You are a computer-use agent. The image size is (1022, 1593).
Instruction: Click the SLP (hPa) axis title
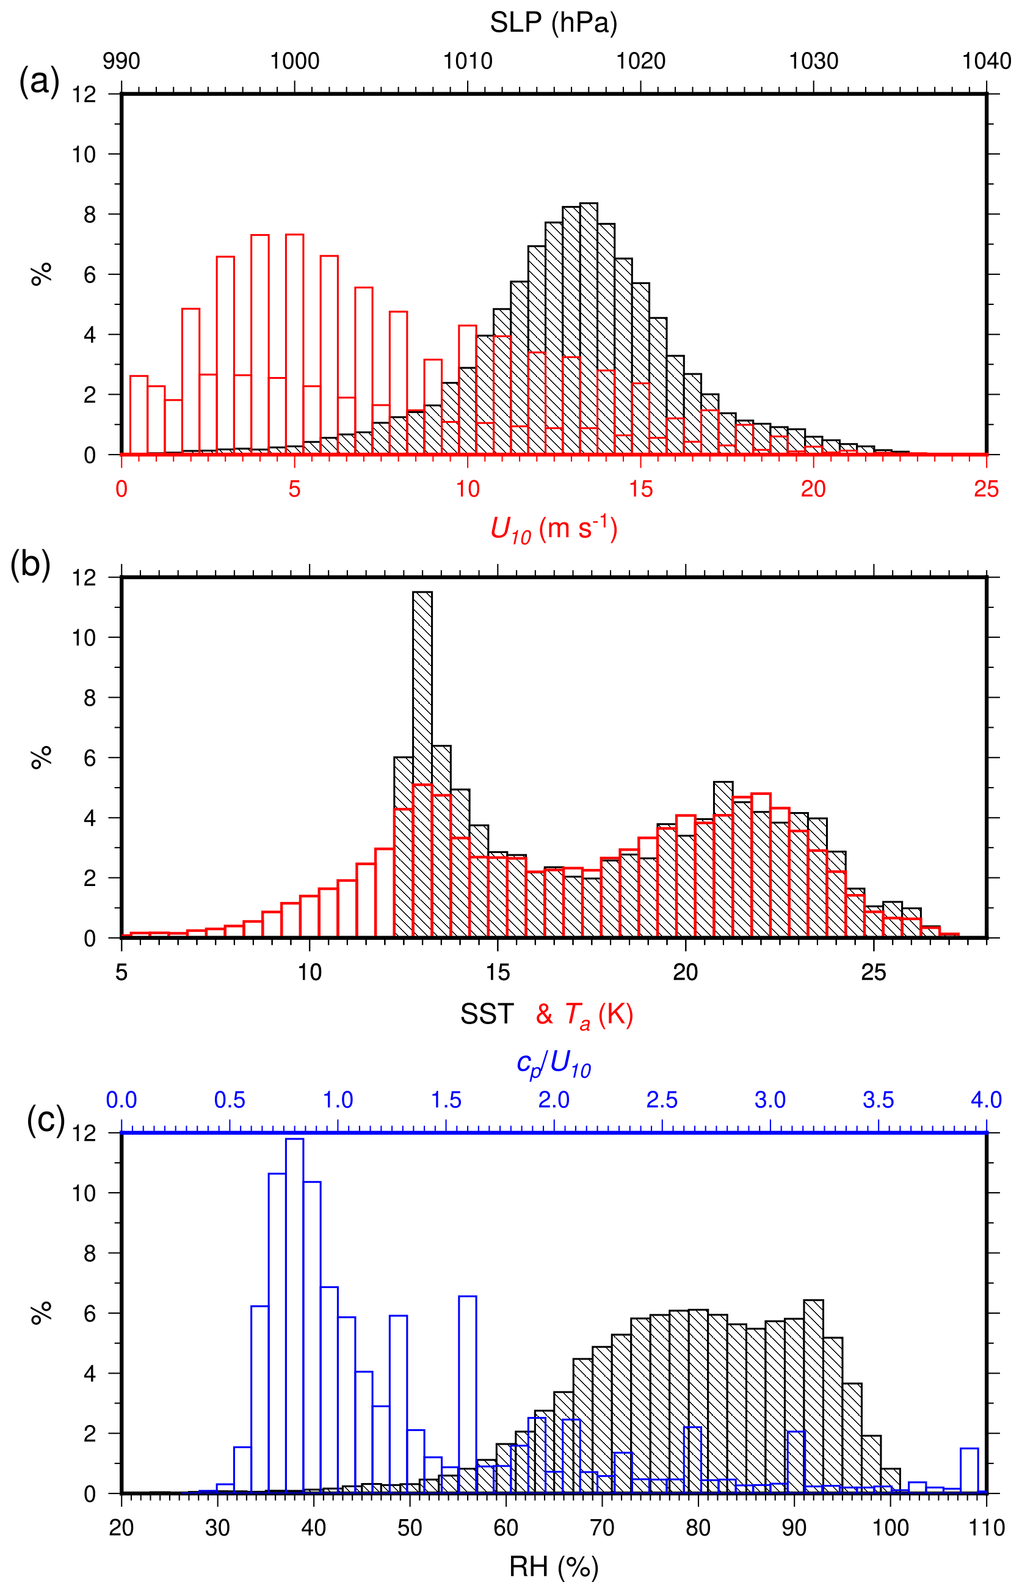[x=554, y=23]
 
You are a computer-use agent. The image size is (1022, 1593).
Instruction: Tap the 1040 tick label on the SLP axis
[x=986, y=61]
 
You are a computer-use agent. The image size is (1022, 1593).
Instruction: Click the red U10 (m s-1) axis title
[x=554, y=530]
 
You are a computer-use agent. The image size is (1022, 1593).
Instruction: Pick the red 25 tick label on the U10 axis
[x=986, y=489]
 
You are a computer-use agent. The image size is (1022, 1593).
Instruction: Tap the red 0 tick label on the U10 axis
[x=121, y=489]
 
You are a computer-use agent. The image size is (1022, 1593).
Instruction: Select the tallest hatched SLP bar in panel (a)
[x=589, y=329]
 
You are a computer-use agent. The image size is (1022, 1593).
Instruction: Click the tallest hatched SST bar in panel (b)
[x=422, y=764]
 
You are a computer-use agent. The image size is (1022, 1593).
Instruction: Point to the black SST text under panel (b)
[x=487, y=1014]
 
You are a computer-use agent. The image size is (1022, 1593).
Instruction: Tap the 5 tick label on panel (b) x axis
[x=121, y=973]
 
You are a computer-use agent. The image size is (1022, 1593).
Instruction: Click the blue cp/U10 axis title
[x=554, y=1064]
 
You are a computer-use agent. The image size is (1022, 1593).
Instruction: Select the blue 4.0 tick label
[x=986, y=1100]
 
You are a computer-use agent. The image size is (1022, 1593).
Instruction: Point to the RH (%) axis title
[x=554, y=1567]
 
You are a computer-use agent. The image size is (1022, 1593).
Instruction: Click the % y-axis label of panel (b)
[x=42, y=757]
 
